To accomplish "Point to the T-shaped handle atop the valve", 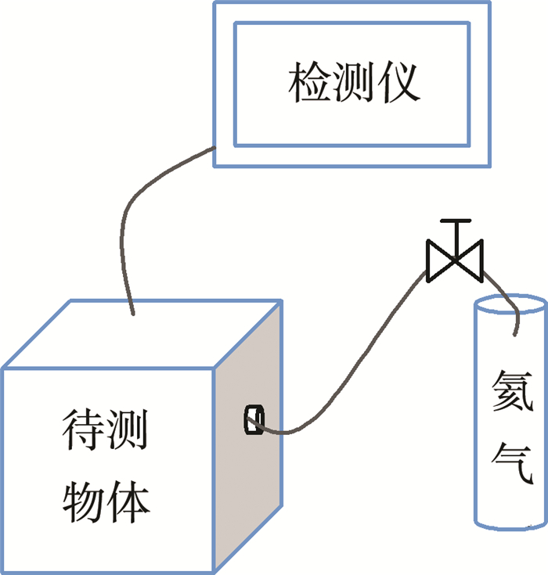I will click(455, 227).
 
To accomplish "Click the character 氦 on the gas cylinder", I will click(513, 390).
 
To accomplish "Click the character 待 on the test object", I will click(85, 438).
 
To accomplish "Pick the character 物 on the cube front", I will click(85, 501).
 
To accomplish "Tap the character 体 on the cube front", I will click(129, 501).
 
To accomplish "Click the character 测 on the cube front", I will click(129, 438).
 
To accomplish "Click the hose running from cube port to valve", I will click(352, 368).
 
